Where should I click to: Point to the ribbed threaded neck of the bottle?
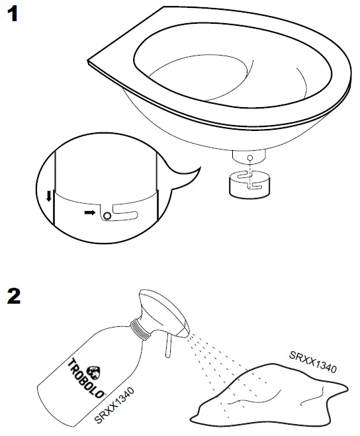tap(139, 329)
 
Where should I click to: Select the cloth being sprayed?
tap(265, 397)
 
